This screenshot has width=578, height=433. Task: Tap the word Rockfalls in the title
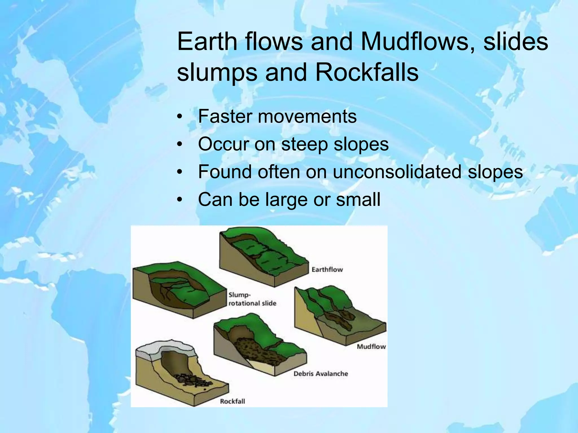(367, 72)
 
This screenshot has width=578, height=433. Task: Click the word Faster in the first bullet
(223, 116)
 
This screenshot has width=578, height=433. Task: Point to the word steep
(305, 144)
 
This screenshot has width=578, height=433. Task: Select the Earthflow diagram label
(327, 269)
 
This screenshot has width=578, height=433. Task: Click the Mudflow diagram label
(371, 346)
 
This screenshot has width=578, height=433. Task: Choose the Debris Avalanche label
(321, 374)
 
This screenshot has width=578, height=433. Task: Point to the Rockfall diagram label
(232, 401)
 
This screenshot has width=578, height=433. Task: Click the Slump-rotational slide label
(252, 299)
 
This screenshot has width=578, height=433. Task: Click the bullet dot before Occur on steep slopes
(179, 145)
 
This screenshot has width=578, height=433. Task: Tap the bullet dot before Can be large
(179, 200)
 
